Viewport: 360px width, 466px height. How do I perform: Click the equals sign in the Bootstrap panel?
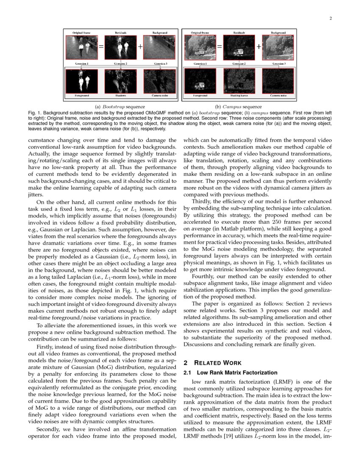[101, 47]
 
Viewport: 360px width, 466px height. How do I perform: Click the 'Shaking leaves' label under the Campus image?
[239, 96]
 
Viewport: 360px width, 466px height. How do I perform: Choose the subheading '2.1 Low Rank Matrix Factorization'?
[230, 373]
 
